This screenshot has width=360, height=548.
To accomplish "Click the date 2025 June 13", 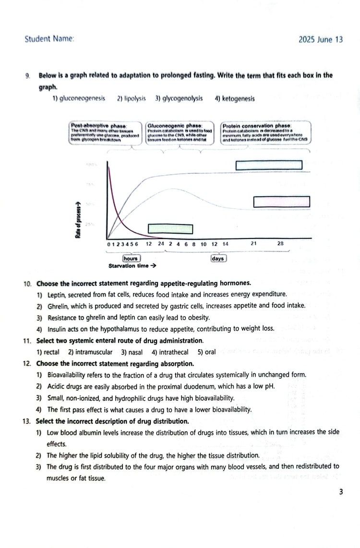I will coord(320,40).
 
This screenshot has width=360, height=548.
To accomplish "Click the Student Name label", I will coord(49,39).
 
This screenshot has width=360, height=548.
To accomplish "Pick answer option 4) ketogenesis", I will coord(235,99).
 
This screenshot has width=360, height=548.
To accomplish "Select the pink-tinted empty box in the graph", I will coord(281,202).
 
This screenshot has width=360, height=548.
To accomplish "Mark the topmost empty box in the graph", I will coord(269,165).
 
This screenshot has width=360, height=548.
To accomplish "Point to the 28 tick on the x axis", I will coord(280,244).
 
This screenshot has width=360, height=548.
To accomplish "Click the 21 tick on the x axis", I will coord(253,244).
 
